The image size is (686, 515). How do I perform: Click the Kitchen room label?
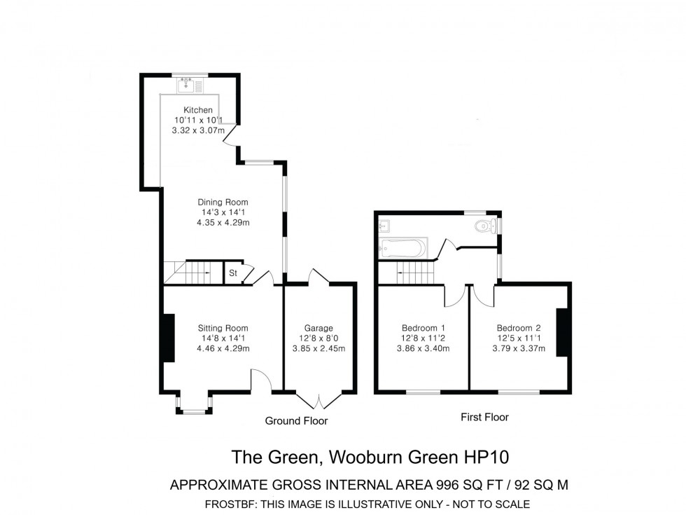198,110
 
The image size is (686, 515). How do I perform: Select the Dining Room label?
223,202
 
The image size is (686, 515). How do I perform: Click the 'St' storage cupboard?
233,273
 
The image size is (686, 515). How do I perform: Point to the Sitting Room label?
223,328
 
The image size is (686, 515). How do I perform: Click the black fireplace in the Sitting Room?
168,338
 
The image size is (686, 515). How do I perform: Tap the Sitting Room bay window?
193,404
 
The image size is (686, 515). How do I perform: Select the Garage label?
318,328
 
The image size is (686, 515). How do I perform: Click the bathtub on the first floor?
402,247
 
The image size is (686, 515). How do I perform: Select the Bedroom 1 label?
423,328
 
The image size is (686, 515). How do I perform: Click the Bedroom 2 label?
519,328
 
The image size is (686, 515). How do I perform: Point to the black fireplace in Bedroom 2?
562,332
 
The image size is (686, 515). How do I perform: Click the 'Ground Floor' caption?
296,421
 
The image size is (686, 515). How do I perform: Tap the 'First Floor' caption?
484,417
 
